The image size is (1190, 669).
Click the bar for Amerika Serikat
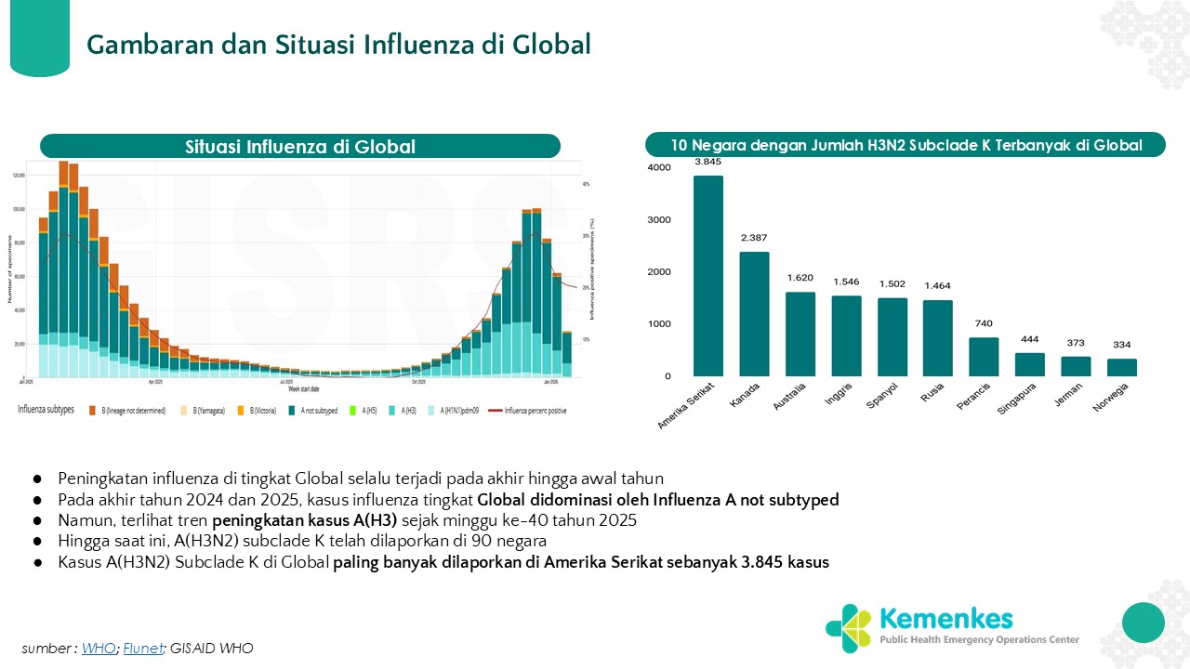(707, 276)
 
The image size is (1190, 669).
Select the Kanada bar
(754, 314)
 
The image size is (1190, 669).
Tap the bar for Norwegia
(1122, 367)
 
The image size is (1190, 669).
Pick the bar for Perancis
(984, 357)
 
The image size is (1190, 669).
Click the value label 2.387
(754, 238)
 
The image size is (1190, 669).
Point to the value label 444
(1029, 339)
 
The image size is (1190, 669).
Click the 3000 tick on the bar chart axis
(659, 220)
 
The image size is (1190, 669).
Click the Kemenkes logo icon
(848, 628)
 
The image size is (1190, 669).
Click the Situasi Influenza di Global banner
(299, 146)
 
